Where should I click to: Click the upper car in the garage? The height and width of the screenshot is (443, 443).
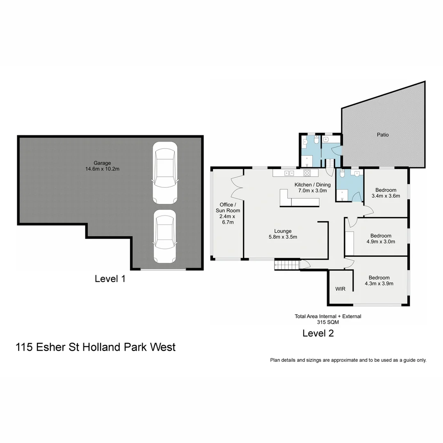(x=164, y=173)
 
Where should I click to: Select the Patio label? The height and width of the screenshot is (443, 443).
(x=383, y=135)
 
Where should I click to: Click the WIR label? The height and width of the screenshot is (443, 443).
(x=340, y=289)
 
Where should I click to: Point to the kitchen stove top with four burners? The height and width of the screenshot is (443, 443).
(x=307, y=173)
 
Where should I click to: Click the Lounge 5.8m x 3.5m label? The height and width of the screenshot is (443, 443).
(x=283, y=234)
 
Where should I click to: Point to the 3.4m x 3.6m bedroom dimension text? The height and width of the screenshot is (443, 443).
(x=386, y=196)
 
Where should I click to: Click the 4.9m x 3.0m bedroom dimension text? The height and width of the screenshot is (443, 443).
(x=380, y=242)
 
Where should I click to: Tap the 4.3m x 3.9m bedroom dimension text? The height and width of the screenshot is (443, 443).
(x=379, y=283)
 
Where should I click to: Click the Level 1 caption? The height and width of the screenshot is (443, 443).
(x=110, y=279)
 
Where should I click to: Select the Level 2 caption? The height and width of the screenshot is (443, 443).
(x=318, y=333)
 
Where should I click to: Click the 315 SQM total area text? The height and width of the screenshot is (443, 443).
(x=328, y=322)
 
